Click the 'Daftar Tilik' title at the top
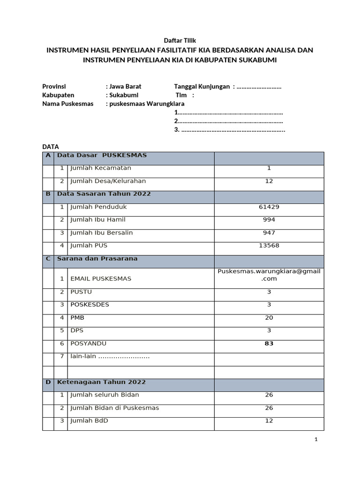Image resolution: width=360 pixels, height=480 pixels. click(x=180, y=41)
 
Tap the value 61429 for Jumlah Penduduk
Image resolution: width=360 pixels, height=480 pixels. click(x=269, y=207)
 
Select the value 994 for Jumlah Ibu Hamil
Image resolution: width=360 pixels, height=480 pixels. click(x=269, y=220)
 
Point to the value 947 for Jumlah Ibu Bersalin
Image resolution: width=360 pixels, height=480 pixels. click(x=269, y=233)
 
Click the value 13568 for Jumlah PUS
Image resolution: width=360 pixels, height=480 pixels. click(x=269, y=246)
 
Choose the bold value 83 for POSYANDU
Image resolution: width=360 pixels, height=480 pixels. click(x=269, y=344)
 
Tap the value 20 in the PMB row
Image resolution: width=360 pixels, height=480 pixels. click(x=269, y=317)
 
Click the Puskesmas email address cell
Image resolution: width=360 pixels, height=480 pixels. click(x=269, y=275)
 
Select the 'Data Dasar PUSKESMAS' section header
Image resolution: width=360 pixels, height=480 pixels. click(x=102, y=155)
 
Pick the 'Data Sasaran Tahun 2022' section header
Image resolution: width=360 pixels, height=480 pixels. click(x=104, y=194)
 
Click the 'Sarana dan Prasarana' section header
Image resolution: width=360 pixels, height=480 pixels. click(x=97, y=258)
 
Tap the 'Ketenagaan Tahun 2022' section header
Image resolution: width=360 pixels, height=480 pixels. click(x=101, y=382)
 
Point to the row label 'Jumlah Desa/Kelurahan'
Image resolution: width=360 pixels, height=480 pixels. click(x=108, y=181)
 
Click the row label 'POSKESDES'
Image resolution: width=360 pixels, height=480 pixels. click(x=90, y=305)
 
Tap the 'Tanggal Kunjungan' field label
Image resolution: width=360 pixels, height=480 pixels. click(x=202, y=87)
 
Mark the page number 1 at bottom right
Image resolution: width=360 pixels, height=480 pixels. click(x=316, y=439)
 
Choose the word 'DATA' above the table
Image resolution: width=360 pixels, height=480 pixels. click(x=51, y=147)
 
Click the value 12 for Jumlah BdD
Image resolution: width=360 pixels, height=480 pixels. click(x=269, y=420)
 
